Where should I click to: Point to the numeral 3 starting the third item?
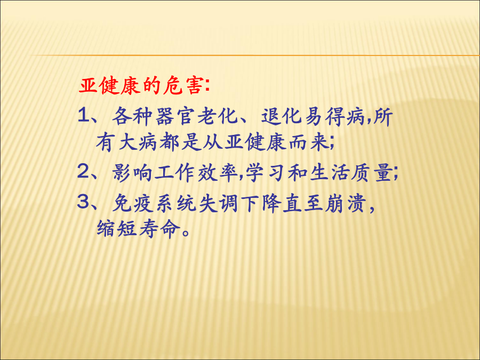83,202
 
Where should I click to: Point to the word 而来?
309,142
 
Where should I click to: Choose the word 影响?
132,173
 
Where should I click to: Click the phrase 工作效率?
196,173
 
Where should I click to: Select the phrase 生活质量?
351,173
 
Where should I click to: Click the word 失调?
218,203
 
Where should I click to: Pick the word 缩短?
117,229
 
